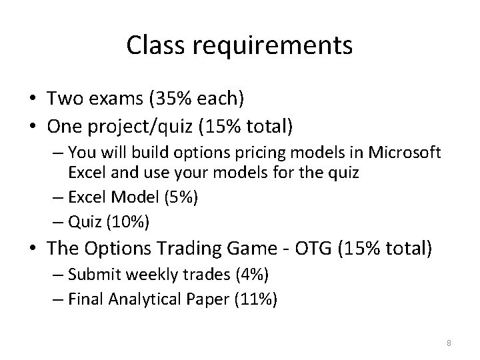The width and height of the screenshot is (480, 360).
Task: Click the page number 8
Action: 449,343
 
